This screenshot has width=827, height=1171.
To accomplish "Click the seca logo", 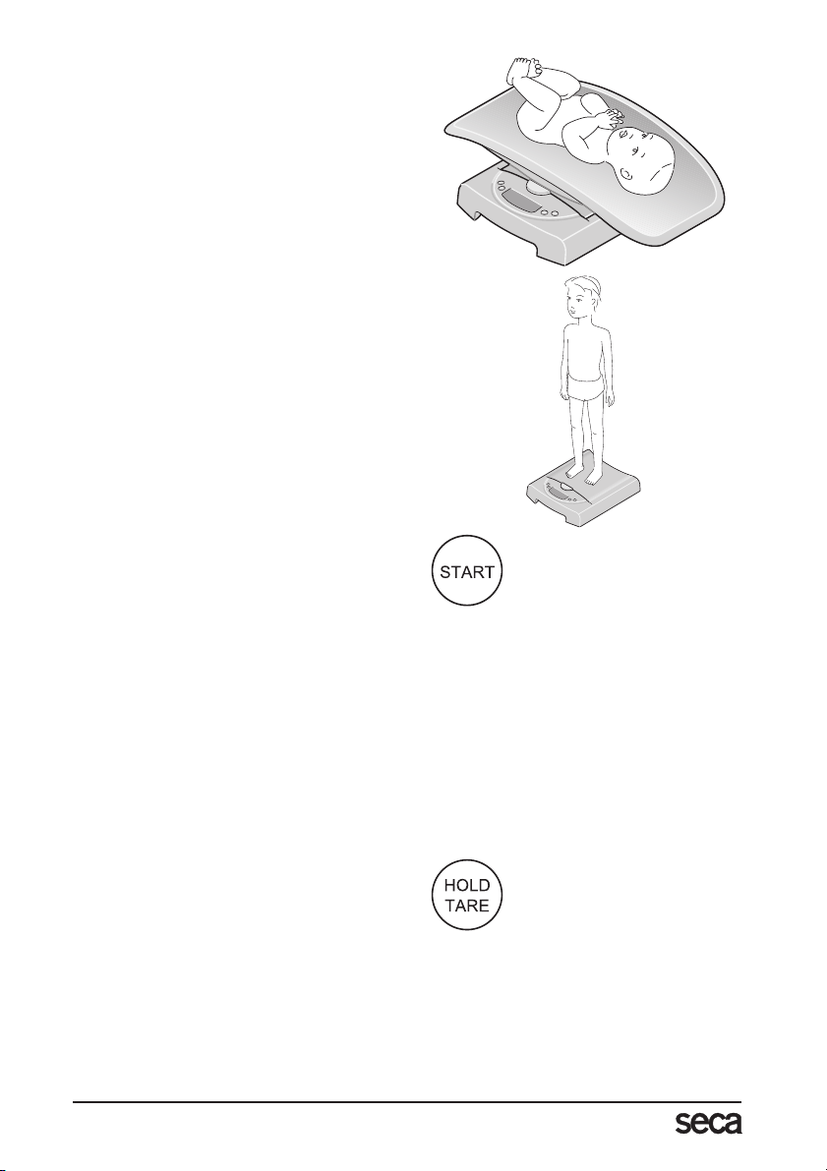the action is point(707,1124).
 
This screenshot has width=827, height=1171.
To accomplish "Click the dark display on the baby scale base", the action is point(525,203).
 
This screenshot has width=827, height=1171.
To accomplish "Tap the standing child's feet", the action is point(582,474).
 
